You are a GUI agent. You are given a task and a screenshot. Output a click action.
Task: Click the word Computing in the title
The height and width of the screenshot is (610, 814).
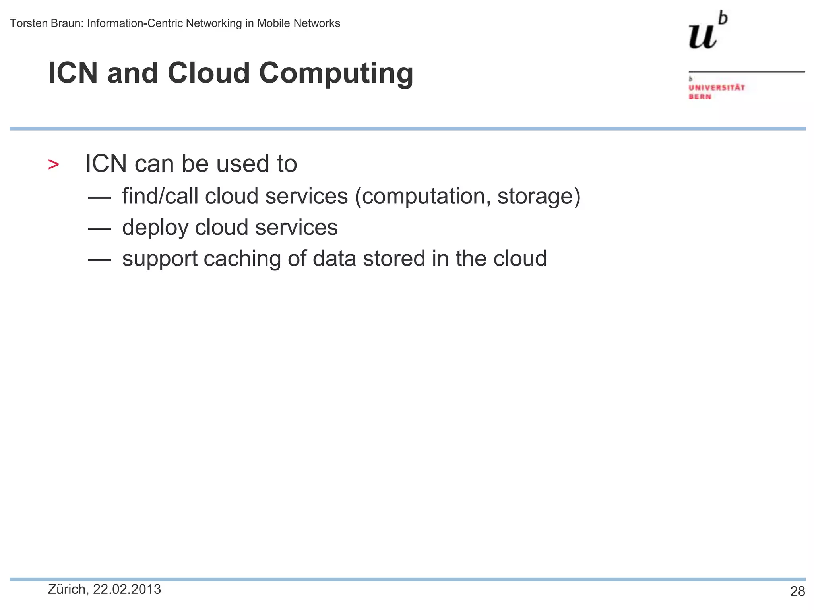[336, 74]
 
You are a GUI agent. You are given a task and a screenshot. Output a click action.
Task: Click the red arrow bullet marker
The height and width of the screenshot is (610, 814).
[53, 164]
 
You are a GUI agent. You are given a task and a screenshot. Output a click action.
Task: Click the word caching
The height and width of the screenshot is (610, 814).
[242, 259]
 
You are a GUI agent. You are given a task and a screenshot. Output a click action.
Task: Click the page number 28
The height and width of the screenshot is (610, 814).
[797, 591]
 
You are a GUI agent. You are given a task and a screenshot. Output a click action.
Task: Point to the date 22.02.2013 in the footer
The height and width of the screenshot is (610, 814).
[127, 589]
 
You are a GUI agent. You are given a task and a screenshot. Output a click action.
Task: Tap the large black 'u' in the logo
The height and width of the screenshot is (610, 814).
[702, 37]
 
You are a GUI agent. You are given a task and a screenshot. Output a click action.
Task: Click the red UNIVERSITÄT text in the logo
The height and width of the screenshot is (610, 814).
[717, 87]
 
